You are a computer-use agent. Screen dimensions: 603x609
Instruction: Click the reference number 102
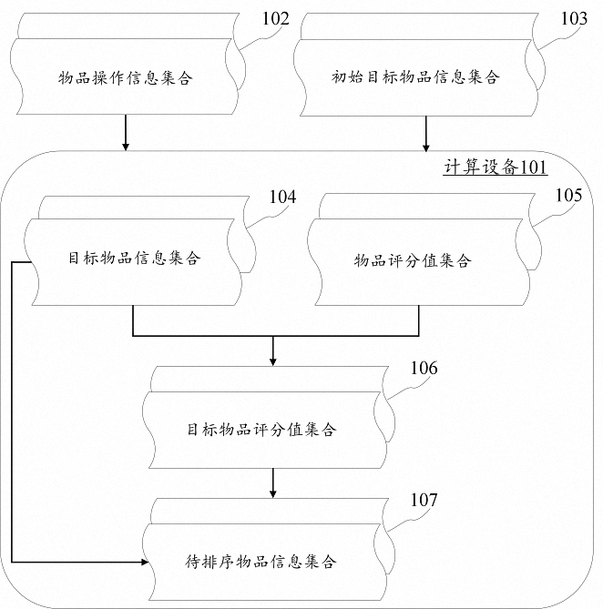(275, 18)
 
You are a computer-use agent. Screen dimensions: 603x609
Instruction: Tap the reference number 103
(574, 18)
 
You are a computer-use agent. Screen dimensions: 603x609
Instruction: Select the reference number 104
(282, 197)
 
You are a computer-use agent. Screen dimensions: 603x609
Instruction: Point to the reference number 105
(568, 195)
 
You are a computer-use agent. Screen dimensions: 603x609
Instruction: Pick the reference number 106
(424, 368)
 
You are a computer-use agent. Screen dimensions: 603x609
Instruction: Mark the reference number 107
(424, 500)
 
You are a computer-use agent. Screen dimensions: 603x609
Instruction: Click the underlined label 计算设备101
(496, 167)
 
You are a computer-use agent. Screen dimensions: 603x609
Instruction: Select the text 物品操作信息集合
(125, 77)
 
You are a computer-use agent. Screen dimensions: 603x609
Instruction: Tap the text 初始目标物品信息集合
(415, 76)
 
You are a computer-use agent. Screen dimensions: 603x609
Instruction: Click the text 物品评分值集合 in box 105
(413, 260)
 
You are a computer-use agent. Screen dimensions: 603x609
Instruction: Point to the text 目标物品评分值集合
(261, 430)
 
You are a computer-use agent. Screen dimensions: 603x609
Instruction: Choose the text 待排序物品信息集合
(260, 562)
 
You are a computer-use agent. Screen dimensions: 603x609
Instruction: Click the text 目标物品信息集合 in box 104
(134, 258)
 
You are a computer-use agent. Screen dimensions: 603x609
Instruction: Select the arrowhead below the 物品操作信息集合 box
(126, 147)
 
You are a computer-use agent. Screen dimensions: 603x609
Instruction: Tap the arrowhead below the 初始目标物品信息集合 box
(425, 147)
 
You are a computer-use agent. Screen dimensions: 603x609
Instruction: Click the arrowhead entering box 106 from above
(272, 361)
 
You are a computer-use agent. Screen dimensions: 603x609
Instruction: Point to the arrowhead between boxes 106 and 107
(272, 493)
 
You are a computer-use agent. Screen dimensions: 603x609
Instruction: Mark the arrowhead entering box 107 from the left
(145, 562)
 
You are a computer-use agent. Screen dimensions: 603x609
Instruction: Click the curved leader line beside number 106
(407, 389)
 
